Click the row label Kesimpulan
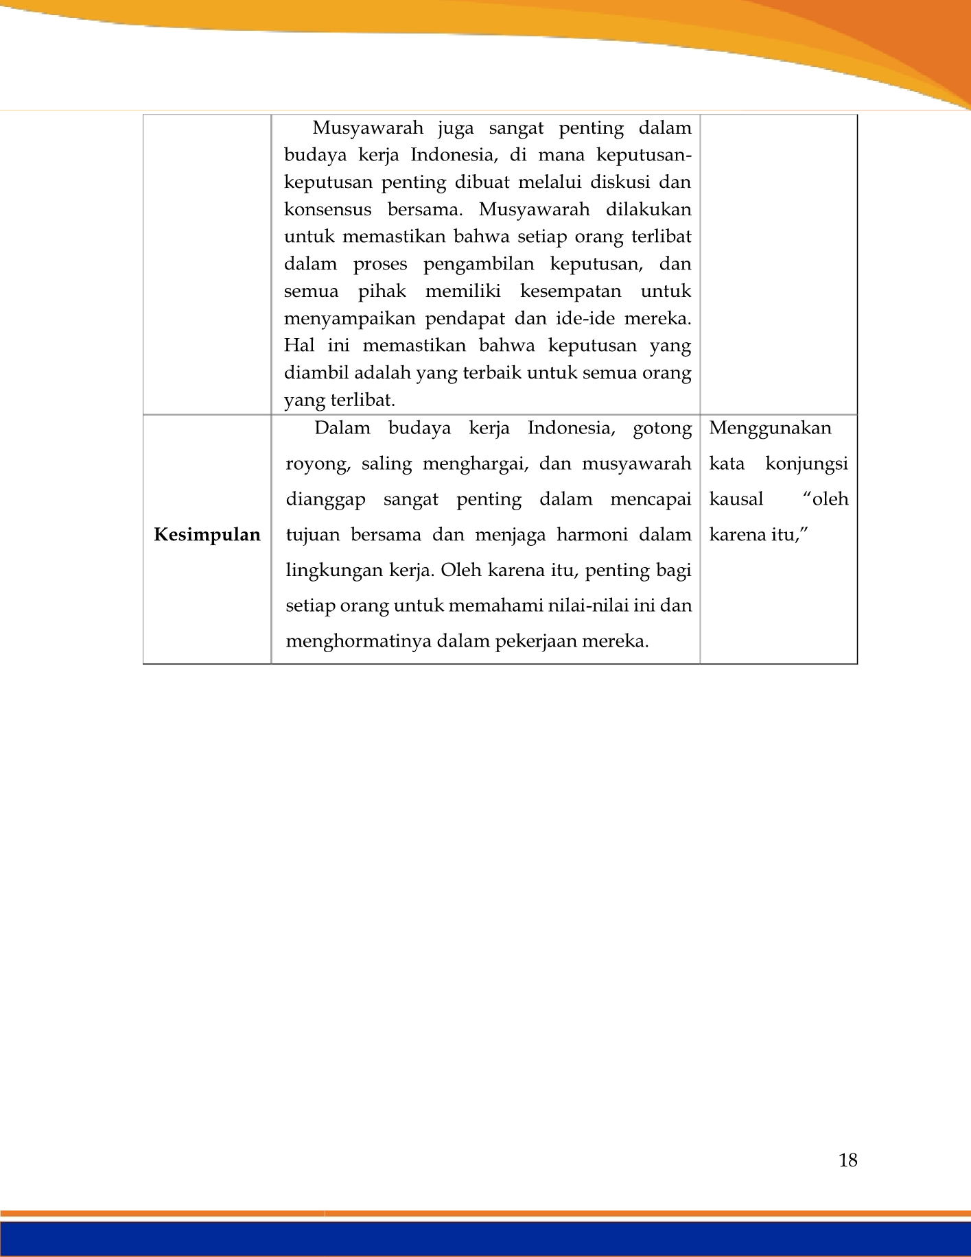click(207, 535)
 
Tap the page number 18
click(847, 1160)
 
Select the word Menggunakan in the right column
click(770, 428)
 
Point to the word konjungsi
click(806, 464)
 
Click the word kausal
click(736, 499)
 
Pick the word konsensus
click(327, 209)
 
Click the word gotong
click(662, 429)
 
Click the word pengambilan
click(478, 264)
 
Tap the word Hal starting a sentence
click(299, 346)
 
